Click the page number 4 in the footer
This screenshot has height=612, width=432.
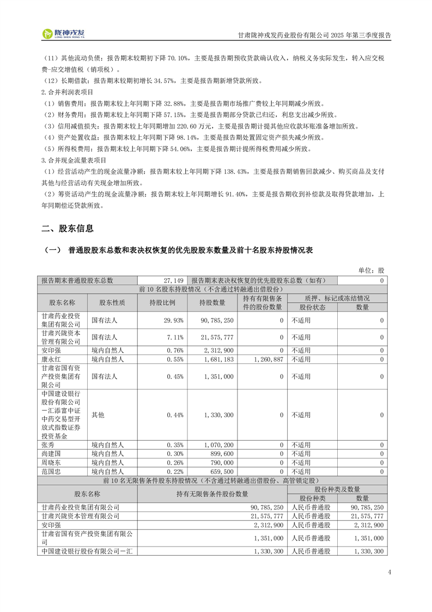pyautogui.click(x=390, y=572)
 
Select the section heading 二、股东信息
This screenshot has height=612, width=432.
pyautogui.click(x=68, y=229)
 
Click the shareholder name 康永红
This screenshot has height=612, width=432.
pyautogui.click(x=52, y=359)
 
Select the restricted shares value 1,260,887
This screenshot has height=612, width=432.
pyautogui.click(x=267, y=359)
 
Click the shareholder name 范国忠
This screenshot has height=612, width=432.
pyautogui.click(x=52, y=471)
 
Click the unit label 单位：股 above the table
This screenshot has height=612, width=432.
pyautogui.click(x=371, y=271)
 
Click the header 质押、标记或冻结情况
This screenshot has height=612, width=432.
pyautogui.click(x=337, y=298)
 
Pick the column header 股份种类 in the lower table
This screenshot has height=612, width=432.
pyautogui.click(x=312, y=498)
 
